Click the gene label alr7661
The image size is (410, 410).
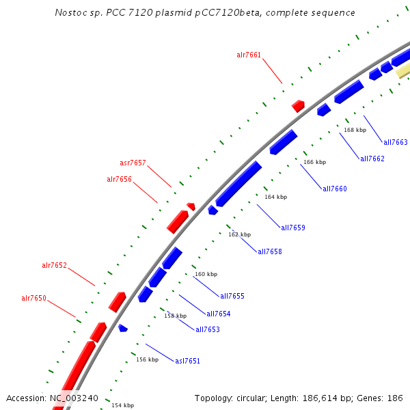249,55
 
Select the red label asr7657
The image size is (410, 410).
133,163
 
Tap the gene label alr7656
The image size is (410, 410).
119,179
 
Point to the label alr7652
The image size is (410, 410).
54,265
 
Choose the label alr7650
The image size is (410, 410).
33,298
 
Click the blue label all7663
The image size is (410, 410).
396,142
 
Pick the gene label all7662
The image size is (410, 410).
372,159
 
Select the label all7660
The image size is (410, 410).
335,189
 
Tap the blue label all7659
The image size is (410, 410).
293,228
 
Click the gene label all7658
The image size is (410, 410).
270,251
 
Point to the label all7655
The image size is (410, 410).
232,296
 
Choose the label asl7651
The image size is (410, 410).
187,361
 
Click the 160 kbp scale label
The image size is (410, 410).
206,274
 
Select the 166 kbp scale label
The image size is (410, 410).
314,162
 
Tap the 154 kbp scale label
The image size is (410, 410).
123,405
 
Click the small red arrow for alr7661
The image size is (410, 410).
298,106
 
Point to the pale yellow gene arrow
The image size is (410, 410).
403,70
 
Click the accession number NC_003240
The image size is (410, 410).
74,398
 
